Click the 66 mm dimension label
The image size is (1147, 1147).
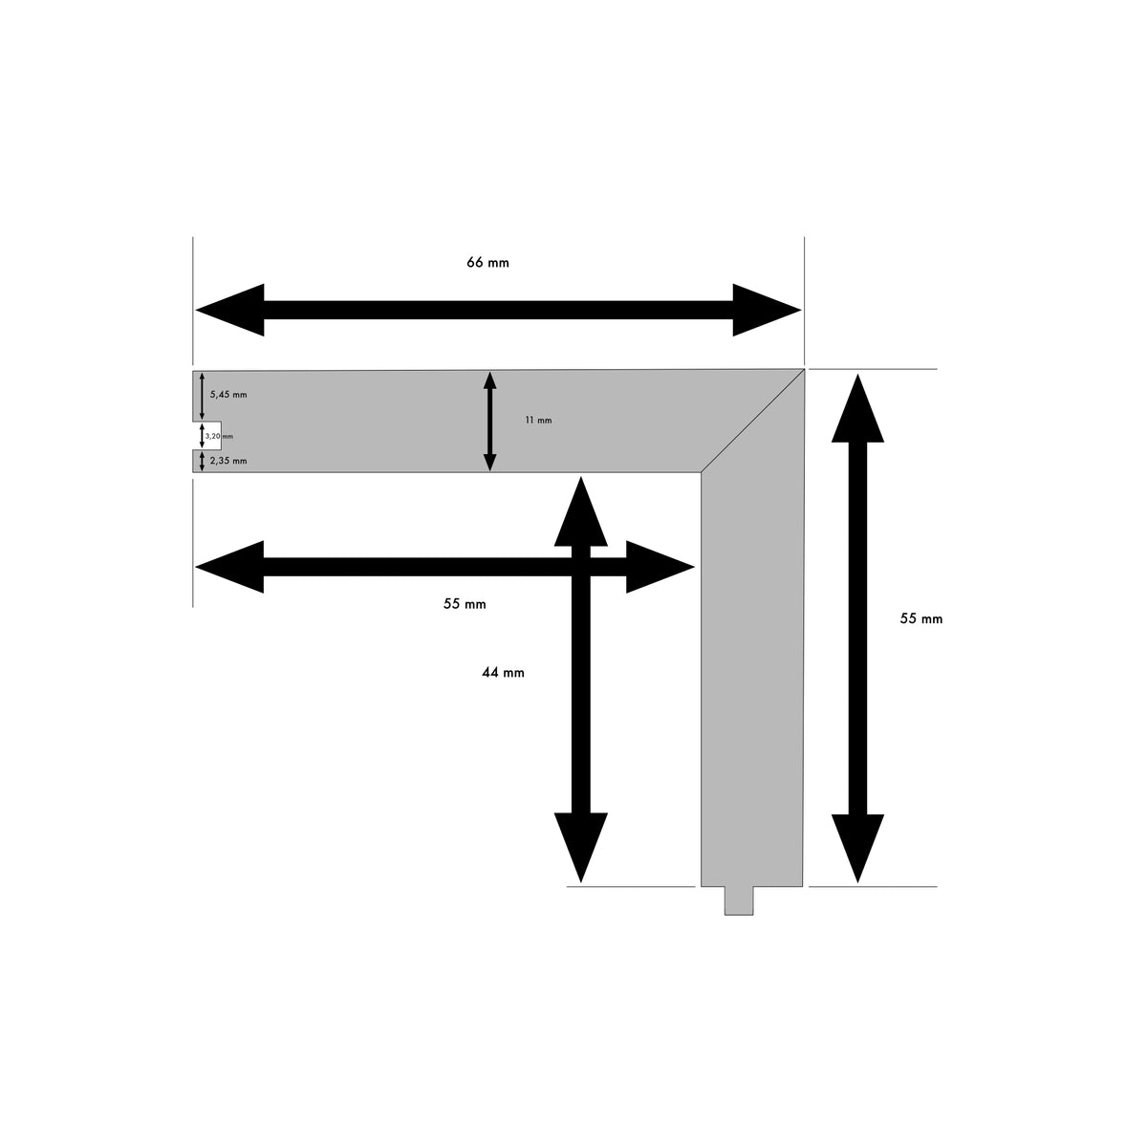(x=487, y=263)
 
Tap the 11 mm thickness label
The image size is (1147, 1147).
(x=538, y=421)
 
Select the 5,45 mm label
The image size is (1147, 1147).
(x=228, y=395)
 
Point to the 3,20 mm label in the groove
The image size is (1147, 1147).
(x=219, y=436)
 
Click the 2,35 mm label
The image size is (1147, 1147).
(x=228, y=461)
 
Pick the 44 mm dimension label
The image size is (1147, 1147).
(x=503, y=673)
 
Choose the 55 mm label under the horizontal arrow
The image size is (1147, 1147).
(x=465, y=604)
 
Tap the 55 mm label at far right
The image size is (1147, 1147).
(x=920, y=619)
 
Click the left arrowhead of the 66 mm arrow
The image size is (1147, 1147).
(x=229, y=310)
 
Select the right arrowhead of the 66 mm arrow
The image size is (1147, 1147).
(x=767, y=310)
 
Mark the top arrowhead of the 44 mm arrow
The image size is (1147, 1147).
(x=580, y=511)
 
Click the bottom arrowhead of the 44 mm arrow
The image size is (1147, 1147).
(x=580, y=847)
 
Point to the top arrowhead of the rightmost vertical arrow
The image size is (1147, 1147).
(x=857, y=408)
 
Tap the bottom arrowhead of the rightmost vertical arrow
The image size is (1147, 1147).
(x=857, y=848)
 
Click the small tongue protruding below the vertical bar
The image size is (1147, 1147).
(x=739, y=900)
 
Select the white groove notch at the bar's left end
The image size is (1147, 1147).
(x=207, y=436)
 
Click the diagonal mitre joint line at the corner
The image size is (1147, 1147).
(x=752, y=421)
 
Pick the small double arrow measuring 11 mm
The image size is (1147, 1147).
(x=490, y=422)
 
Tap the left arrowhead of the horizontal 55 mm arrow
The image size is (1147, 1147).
(x=229, y=567)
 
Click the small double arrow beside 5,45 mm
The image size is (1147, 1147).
(x=202, y=396)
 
